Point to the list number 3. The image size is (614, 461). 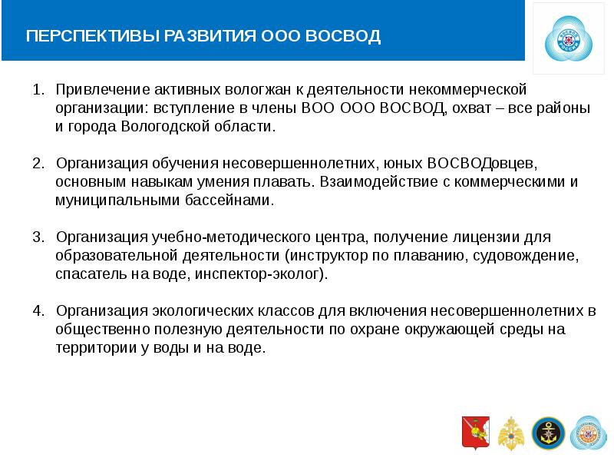[38, 237]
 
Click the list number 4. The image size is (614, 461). [38, 310]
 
